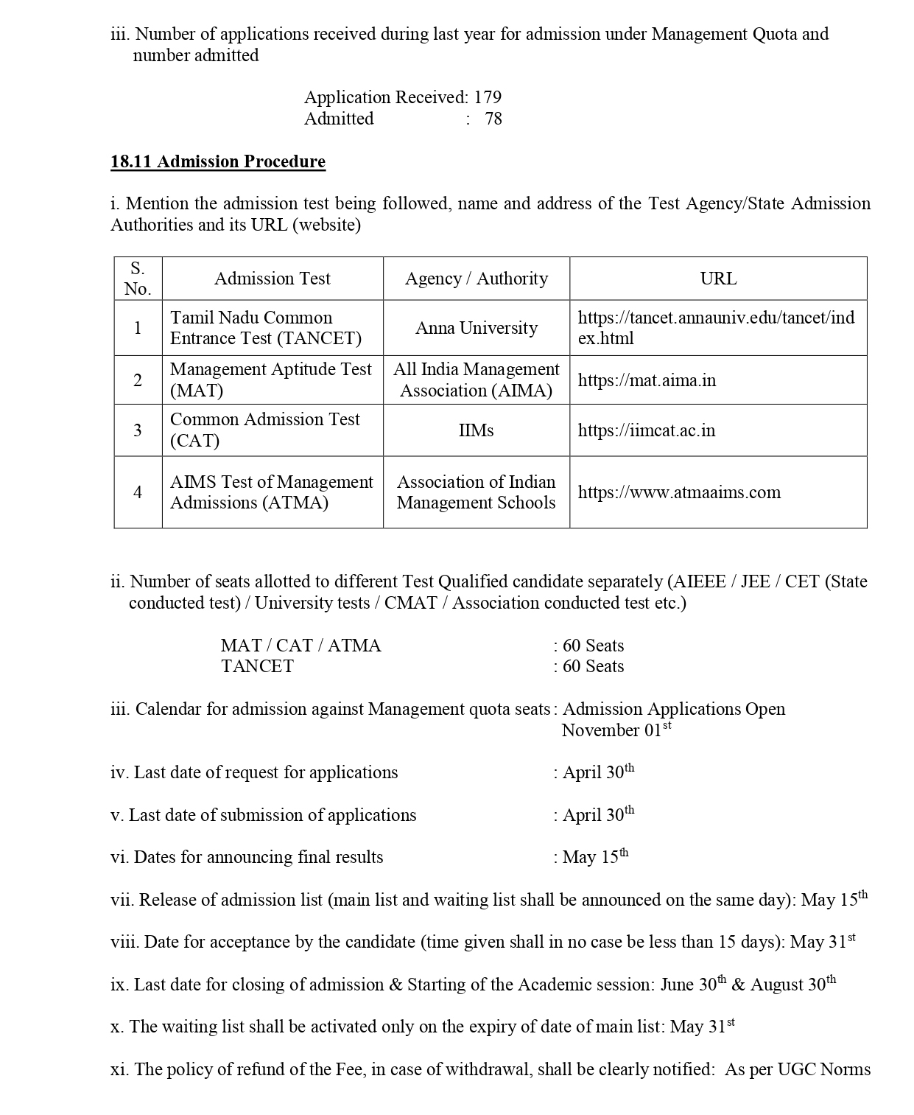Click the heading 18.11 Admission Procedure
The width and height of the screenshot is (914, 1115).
click(218, 161)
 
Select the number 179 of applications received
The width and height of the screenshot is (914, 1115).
click(488, 97)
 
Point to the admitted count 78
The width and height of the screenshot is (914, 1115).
click(493, 119)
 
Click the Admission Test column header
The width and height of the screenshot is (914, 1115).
click(273, 279)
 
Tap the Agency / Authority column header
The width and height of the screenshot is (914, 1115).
click(477, 279)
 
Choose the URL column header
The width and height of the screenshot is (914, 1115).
click(718, 279)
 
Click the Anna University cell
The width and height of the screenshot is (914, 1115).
click(477, 328)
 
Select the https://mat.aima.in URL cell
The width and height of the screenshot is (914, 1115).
click(647, 380)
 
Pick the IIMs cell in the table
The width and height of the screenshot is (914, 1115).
click(476, 430)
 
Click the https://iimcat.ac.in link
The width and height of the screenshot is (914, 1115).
click(647, 430)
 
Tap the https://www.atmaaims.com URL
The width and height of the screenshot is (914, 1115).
click(679, 492)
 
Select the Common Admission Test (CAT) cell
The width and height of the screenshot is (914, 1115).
click(265, 430)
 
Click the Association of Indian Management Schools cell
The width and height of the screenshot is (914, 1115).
click(476, 492)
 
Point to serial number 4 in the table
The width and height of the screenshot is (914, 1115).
click(138, 492)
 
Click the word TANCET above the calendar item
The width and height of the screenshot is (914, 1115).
click(257, 666)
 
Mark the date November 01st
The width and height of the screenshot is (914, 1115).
click(616, 730)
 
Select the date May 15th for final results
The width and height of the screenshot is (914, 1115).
click(595, 857)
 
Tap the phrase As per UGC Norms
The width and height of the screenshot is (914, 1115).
click(798, 1069)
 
